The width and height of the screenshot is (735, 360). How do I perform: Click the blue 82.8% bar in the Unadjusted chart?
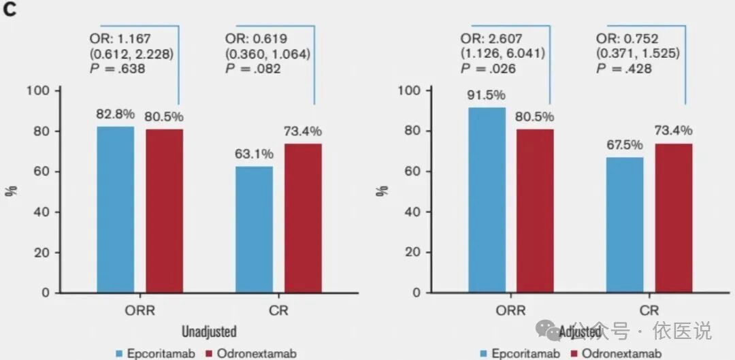click(115, 210)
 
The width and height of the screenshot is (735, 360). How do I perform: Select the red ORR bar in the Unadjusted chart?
click(164, 211)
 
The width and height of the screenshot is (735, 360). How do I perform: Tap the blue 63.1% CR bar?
click(254, 229)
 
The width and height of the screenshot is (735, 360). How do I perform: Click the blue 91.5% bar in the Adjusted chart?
click(487, 200)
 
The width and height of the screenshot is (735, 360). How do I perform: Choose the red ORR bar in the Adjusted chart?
click(535, 211)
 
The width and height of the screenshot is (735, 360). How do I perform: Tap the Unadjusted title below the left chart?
click(209, 332)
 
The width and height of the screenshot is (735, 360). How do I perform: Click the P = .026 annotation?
click(488, 69)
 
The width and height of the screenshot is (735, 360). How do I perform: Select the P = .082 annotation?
click(254, 69)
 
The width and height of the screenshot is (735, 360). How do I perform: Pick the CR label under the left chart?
click(278, 310)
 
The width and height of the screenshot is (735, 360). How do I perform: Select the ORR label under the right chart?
click(511, 310)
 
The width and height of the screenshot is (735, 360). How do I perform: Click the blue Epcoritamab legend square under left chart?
click(120, 353)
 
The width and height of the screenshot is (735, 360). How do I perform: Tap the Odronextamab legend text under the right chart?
click(622, 353)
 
